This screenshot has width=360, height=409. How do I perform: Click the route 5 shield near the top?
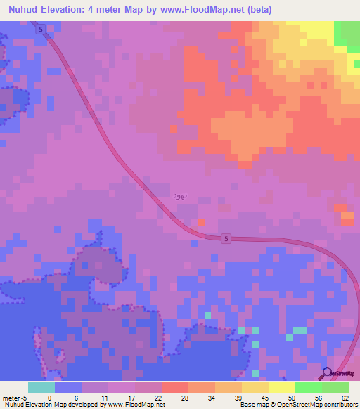41,29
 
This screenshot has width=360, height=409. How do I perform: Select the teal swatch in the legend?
41,387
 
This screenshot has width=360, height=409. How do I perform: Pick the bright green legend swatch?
309,387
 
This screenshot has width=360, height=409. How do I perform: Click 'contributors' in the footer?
340,405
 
